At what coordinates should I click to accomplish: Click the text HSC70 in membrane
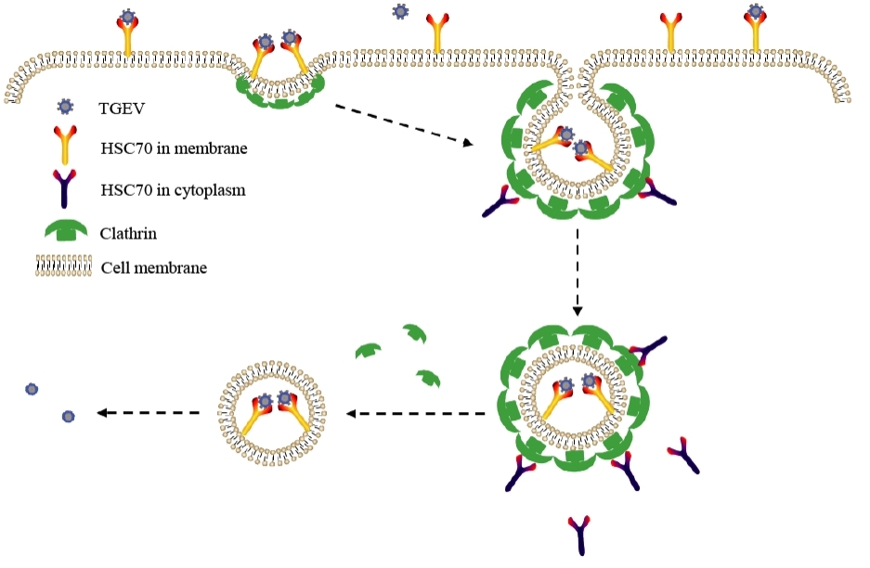[174, 148]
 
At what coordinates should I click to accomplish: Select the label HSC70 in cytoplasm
[174, 190]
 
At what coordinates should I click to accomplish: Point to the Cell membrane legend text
[153, 268]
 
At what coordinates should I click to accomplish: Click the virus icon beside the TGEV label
[65, 106]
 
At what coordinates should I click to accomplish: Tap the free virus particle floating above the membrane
[400, 11]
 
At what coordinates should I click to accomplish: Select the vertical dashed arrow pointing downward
[578, 274]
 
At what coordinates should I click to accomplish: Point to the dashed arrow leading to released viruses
[149, 413]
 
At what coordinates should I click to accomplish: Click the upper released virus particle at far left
[32, 389]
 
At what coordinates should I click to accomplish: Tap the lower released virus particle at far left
[68, 417]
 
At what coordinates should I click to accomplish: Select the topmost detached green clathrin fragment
[414, 333]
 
